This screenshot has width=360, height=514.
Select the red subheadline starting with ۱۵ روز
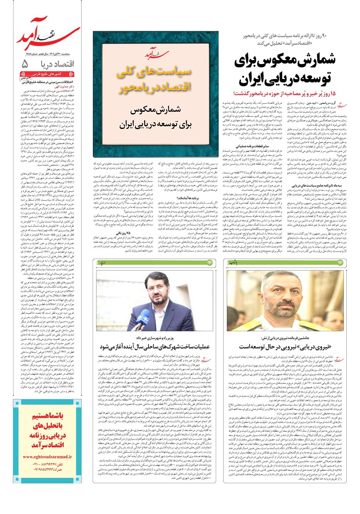click(x=286, y=93)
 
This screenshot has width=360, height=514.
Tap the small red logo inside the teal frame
click(x=154, y=55)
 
